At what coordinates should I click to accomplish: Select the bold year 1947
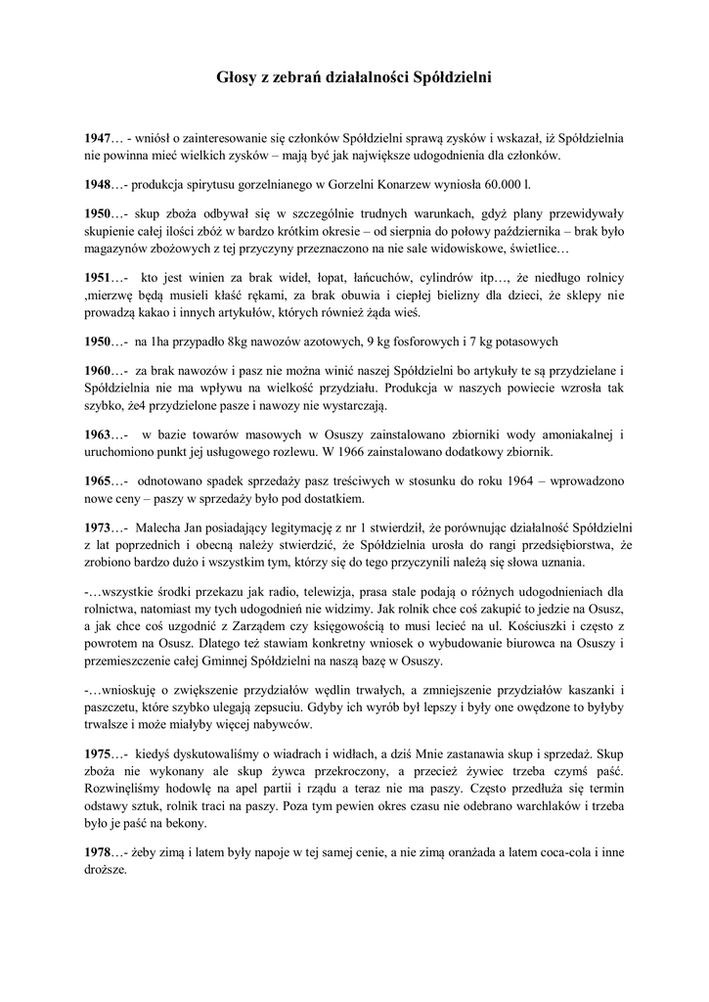(99, 137)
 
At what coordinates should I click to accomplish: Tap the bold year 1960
(99, 370)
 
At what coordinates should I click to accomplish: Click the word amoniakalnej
(568, 433)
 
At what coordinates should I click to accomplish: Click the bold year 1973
(99, 527)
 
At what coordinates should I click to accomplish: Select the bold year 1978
(99, 853)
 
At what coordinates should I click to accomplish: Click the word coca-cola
(554, 853)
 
